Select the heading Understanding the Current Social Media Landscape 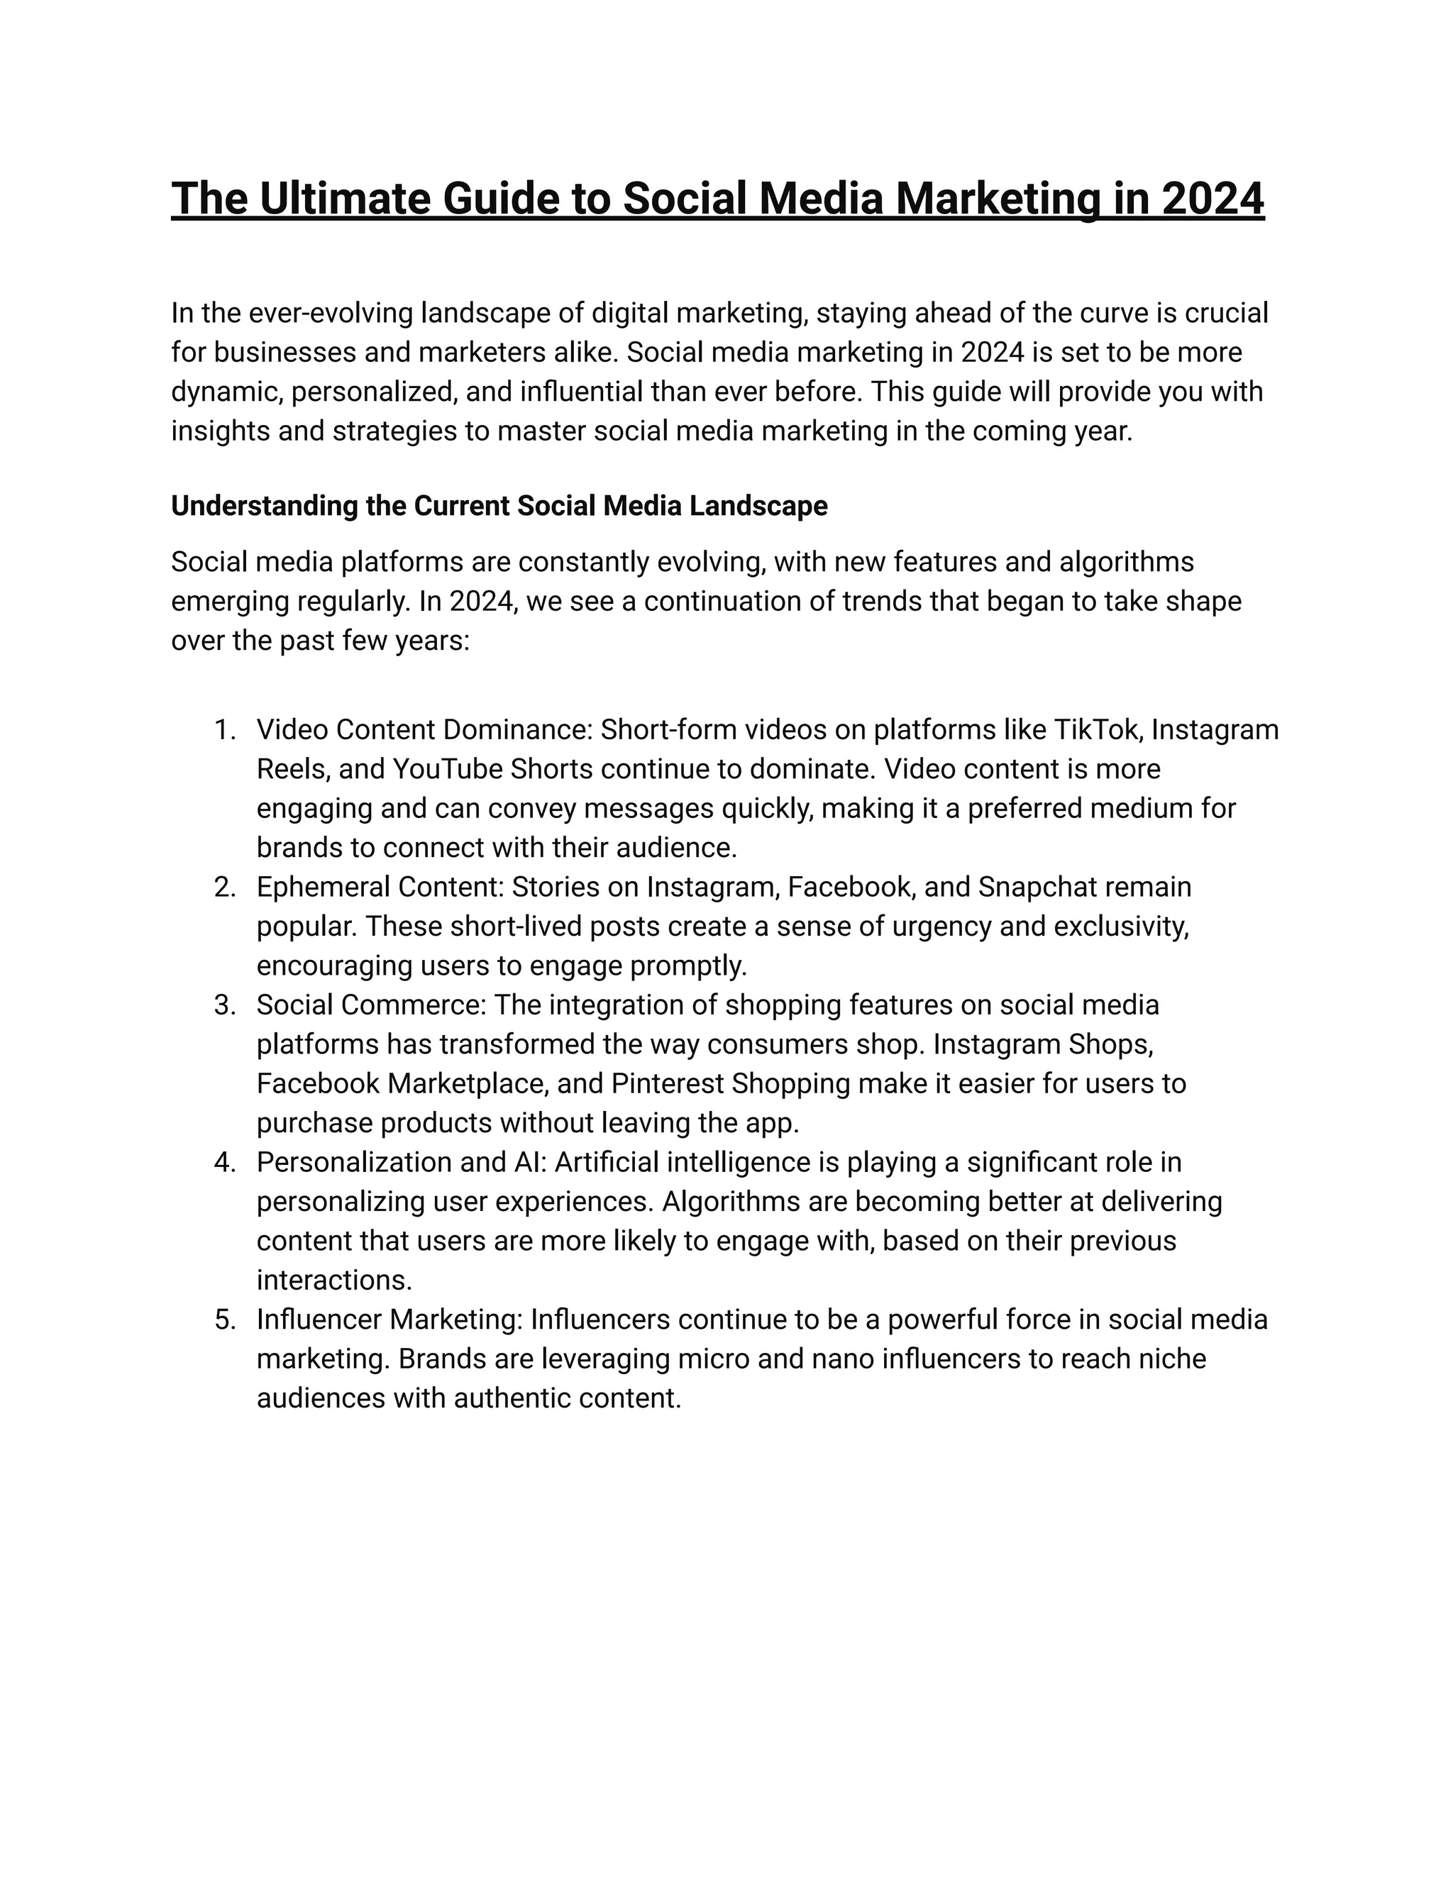(499, 506)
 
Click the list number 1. (223, 730)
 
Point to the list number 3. (223, 1005)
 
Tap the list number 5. (223, 1320)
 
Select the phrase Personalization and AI (400, 1162)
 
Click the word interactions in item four (334, 1280)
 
